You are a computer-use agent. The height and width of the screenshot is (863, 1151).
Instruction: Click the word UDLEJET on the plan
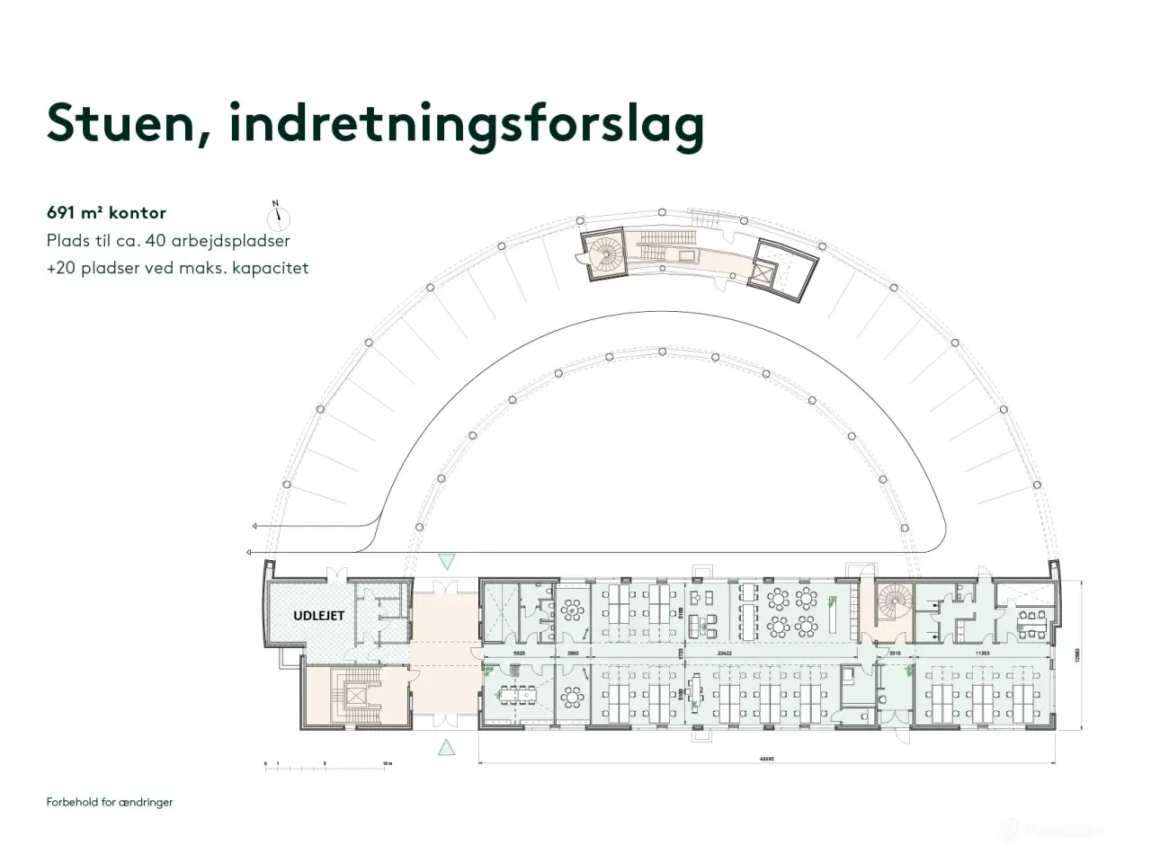pos(318,616)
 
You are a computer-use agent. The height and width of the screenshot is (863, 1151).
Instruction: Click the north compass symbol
pos(279,215)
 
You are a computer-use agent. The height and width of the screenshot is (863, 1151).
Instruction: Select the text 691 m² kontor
pos(106,213)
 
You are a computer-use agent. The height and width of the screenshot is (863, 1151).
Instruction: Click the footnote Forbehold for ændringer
pos(110,802)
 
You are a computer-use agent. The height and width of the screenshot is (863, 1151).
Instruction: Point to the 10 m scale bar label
pos(387,762)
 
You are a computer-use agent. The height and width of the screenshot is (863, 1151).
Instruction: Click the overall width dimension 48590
pos(767,759)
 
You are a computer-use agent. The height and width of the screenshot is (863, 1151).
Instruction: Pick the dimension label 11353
pos(981,654)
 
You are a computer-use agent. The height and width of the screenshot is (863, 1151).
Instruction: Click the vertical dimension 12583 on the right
pos(1076,657)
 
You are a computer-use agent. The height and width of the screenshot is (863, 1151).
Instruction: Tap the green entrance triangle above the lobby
pos(445,563)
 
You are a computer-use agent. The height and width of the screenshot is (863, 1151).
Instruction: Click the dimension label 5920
pos(519,654)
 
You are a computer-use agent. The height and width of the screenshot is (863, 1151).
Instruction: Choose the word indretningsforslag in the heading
pos(467,124)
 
